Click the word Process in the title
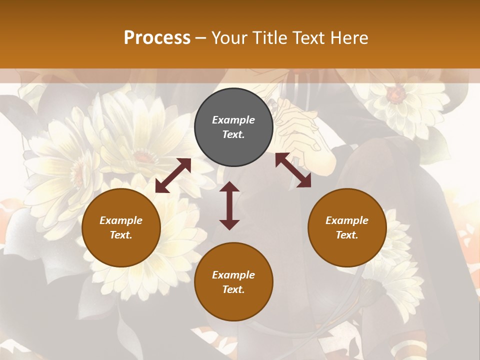click(x=157, y=38)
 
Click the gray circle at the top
click(x=233, y=127)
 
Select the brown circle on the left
click(x=121, y=227)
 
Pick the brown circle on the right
click(x=347, y=227)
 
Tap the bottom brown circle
click(x=233, y=282)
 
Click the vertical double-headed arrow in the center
click(x=229, y=205)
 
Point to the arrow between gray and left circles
click(x=173, y=175)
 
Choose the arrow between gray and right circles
click(x=293, y=170)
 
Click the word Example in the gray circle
click(x=233, y=120)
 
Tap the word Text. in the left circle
click(x=121, y=235)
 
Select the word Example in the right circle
click(x=347, y=220)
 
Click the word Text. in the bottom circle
click(x=233, y=289)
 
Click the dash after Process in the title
click(x=201, y=38)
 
